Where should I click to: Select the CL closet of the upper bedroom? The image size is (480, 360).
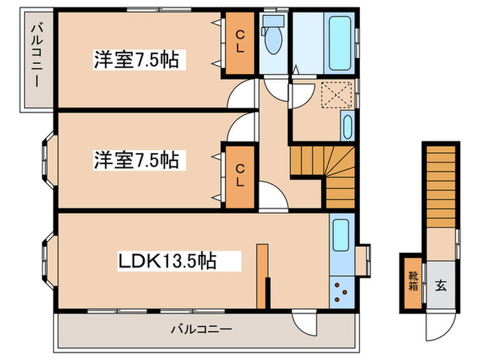[x=241, y=43]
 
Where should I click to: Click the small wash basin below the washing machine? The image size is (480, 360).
[x=346, y=128]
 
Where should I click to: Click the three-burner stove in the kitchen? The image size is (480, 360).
[x=340, y=292]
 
